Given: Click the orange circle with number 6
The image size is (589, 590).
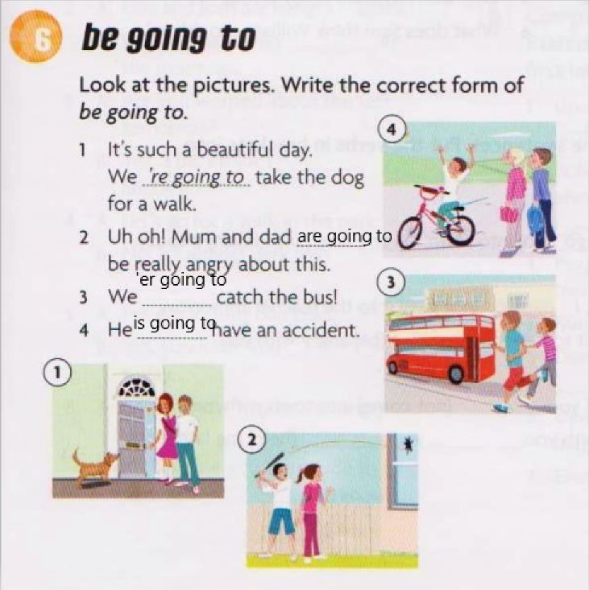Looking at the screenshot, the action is [x=35, y=37].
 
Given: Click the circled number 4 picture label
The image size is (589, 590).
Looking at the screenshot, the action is [x=392, y=130].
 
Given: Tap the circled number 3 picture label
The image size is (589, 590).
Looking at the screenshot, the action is [x=392, y=283].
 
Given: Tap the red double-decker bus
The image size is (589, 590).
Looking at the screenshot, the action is [x=441, y=348].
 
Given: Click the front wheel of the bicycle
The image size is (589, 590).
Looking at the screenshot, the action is [x=416, y=233].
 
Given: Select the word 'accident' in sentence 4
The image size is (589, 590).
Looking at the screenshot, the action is [x=320, y=331].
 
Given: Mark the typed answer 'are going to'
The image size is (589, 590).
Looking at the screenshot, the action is [x=345, y=237].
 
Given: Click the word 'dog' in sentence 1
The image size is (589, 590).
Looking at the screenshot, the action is [x=348, y=179].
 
